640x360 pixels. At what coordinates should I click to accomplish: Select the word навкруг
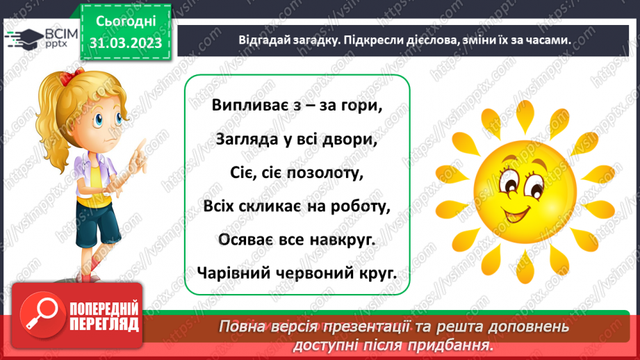(x=345, y=240)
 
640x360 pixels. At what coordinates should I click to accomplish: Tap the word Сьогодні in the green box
(x=125, y=21)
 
